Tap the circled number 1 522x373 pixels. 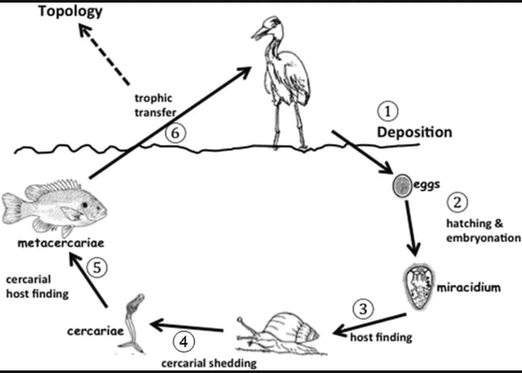point(389,112)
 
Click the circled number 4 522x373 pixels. point(183,341)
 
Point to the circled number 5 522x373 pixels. point(97,268)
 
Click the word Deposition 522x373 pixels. point(414,132)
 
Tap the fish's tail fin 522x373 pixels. point(14,208)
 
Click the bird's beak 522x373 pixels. point(260,31)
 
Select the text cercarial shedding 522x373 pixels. point(209,363)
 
